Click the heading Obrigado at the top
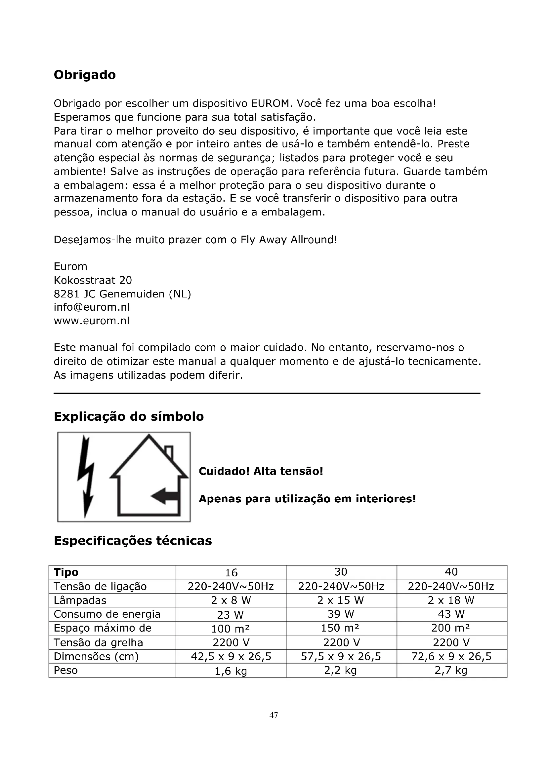[85, 75]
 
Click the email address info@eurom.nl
[92, 307]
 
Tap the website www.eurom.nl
[92, 321]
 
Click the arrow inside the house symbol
[164, 496]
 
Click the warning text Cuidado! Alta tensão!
[261, 471]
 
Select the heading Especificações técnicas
[133, 541]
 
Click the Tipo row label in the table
[66, 572]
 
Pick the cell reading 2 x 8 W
[231, 600]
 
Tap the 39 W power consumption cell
[341, 614]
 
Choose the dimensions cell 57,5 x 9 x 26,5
[341, 656]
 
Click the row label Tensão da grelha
[98, 642]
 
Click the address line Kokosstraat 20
[93, 280]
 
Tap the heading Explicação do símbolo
[129, 416]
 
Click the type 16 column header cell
[231, 572]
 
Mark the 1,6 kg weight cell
[231, 671]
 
